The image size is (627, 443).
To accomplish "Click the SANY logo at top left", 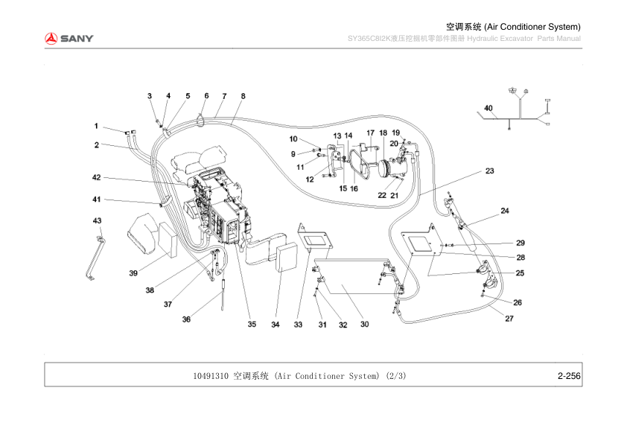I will pos(68,38).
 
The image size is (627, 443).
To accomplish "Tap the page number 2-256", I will pos(569,376).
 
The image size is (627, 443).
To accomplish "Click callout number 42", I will pos(96,177).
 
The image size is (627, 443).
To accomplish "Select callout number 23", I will pos(489,171).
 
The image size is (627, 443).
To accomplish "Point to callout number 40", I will pos(488,109).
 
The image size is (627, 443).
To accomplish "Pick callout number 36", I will pos(186,319).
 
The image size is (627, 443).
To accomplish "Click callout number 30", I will pos(364,324).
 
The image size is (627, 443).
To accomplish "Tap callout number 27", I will pos(509,319).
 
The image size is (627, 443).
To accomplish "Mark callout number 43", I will pos(97,221).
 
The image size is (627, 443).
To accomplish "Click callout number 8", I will pos(243,96).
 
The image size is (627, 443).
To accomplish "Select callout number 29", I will pos(521,243).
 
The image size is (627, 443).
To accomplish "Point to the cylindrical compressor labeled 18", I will pos(386,169).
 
